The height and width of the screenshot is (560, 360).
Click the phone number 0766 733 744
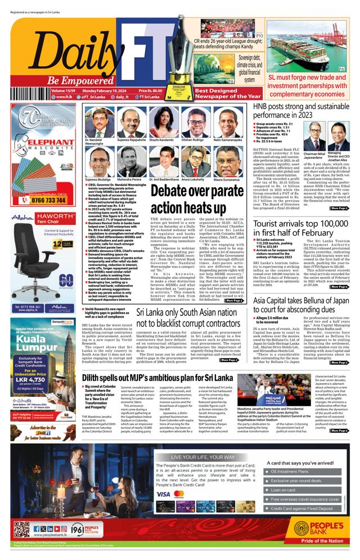[x=48, y=200]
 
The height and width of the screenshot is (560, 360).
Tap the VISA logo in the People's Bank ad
[x=163, y=494]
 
